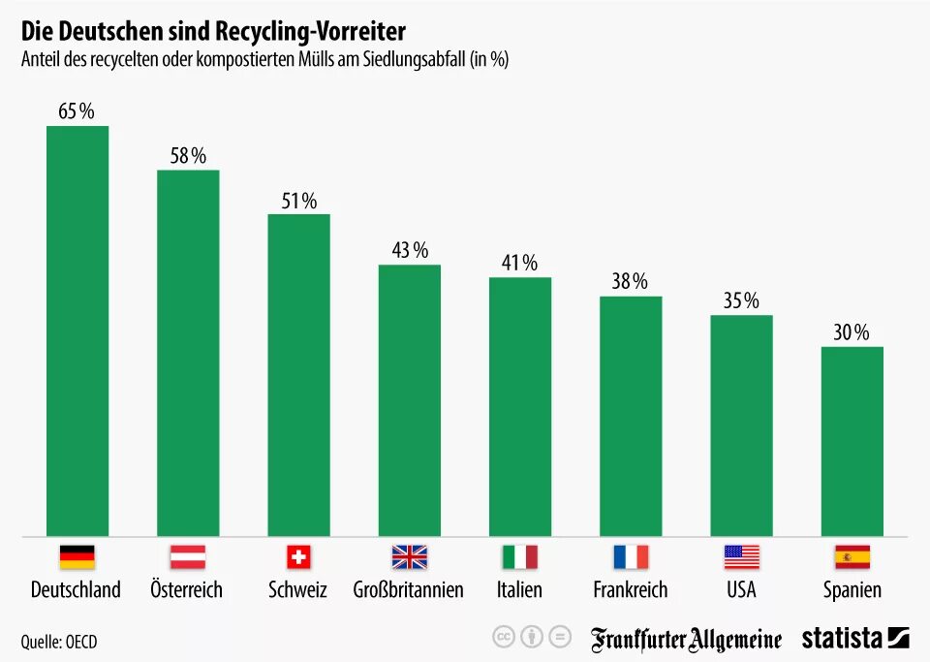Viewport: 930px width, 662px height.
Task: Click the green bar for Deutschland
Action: [x=77, y=330]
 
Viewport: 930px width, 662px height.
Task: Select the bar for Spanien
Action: [x=852, y=441]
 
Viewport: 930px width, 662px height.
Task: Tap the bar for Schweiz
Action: [x=298, y=374]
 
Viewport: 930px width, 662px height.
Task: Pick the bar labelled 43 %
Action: [x=409, y=399]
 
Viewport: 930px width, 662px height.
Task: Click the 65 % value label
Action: [x=77, y=111]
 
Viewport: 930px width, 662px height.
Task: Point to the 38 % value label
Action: [x=630, y=282]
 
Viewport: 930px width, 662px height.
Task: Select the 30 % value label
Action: [x=852, y=332]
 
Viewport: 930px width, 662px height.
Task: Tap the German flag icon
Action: [x=77, y=557]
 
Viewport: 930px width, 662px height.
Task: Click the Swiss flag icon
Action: [x=298, y=557]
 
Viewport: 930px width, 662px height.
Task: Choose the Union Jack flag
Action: [x=409, y=557]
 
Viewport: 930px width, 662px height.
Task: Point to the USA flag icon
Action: [x=741, y=557]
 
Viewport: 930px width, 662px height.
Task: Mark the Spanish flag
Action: [x=852, y=557]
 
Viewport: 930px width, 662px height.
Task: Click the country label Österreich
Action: [x=186, y=589]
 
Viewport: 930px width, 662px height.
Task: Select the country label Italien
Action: [x=519, y=589]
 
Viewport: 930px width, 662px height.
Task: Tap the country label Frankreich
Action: [x=630, y=589]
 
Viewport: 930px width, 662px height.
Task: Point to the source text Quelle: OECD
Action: [x=58, y=642]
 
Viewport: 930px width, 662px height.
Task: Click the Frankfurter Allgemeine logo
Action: [x=686, y=639]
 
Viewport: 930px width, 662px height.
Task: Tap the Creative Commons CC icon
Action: [x=503, y=637]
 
